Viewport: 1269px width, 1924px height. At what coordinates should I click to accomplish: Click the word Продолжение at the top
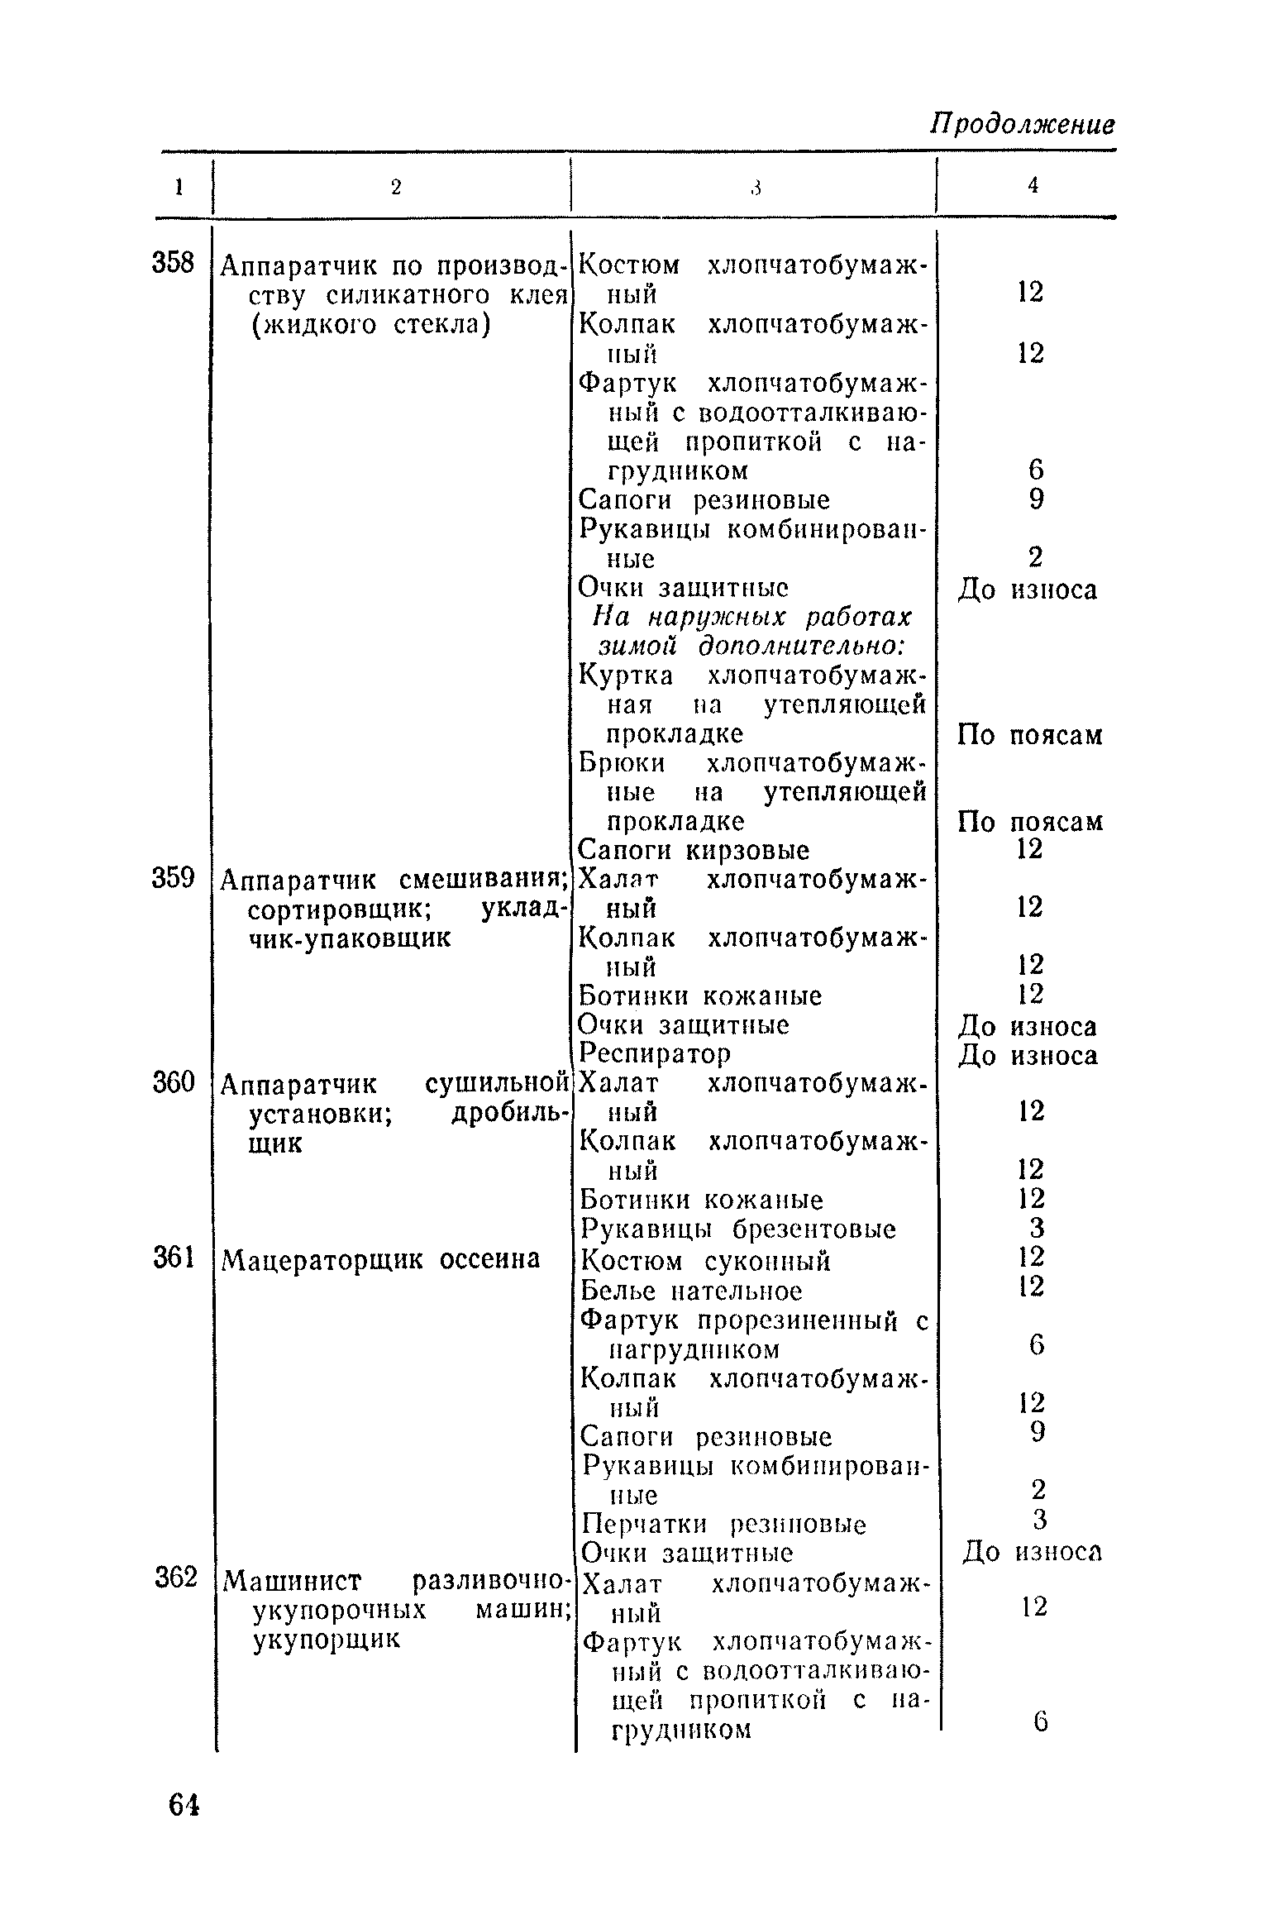[x=1023, y=125]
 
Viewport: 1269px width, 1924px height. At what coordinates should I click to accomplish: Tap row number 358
[x=173, y=264]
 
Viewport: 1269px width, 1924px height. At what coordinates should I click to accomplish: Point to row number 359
[x=173, y=878]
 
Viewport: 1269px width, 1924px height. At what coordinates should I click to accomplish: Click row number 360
[x=173, y=1082]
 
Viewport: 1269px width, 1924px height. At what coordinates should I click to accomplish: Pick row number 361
[x=173, y=1258]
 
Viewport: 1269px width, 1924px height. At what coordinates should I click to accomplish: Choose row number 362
[x=176, y=1578]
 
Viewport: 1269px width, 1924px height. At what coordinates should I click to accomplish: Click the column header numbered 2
[x=395, y=188]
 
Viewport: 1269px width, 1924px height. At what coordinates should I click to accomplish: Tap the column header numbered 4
[x=1033, y=187]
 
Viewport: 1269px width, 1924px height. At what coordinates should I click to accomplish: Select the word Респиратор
[x=655, y=1054]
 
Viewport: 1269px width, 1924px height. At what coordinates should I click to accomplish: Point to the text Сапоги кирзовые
[x=694, y=850]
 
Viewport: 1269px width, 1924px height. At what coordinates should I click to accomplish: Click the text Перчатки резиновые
[x=724, y=1524]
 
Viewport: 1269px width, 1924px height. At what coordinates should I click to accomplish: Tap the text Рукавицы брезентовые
[x=738, y=1229]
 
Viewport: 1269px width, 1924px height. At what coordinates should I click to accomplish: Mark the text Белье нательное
[x=691, y=1291]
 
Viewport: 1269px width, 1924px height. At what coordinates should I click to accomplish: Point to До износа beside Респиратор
[x=1028, y=1056]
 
